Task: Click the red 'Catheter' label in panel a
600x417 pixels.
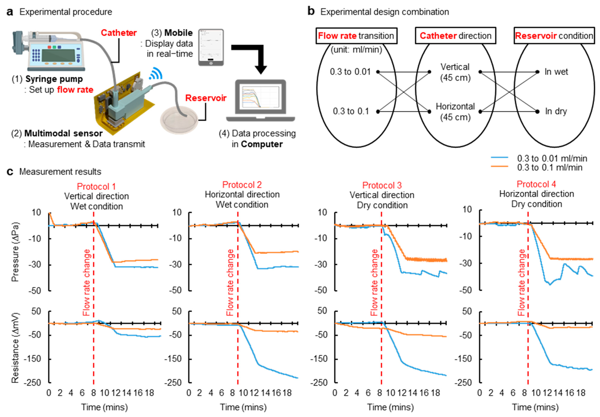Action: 119,33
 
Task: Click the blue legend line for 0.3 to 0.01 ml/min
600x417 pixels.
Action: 499,158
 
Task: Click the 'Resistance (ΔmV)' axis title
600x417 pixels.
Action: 15,348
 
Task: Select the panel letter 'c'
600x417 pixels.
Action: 10,172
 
